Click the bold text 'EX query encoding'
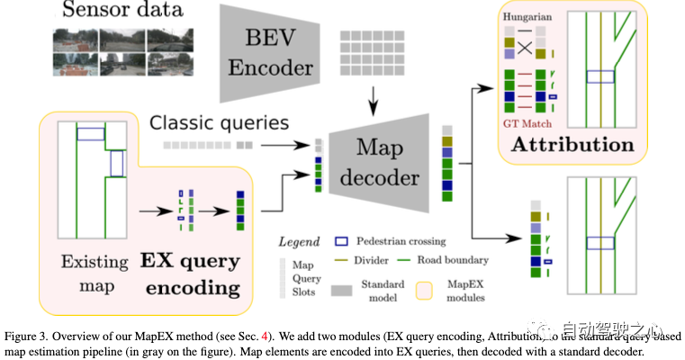point(189,274)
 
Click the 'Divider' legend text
point(371,260)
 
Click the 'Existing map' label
point(84,274)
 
